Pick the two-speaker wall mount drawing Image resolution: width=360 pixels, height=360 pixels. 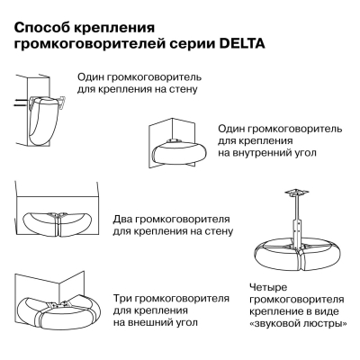point(58,222)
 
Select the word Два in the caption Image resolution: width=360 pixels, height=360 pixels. point(124,220)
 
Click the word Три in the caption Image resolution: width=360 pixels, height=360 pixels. point(124,295)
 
